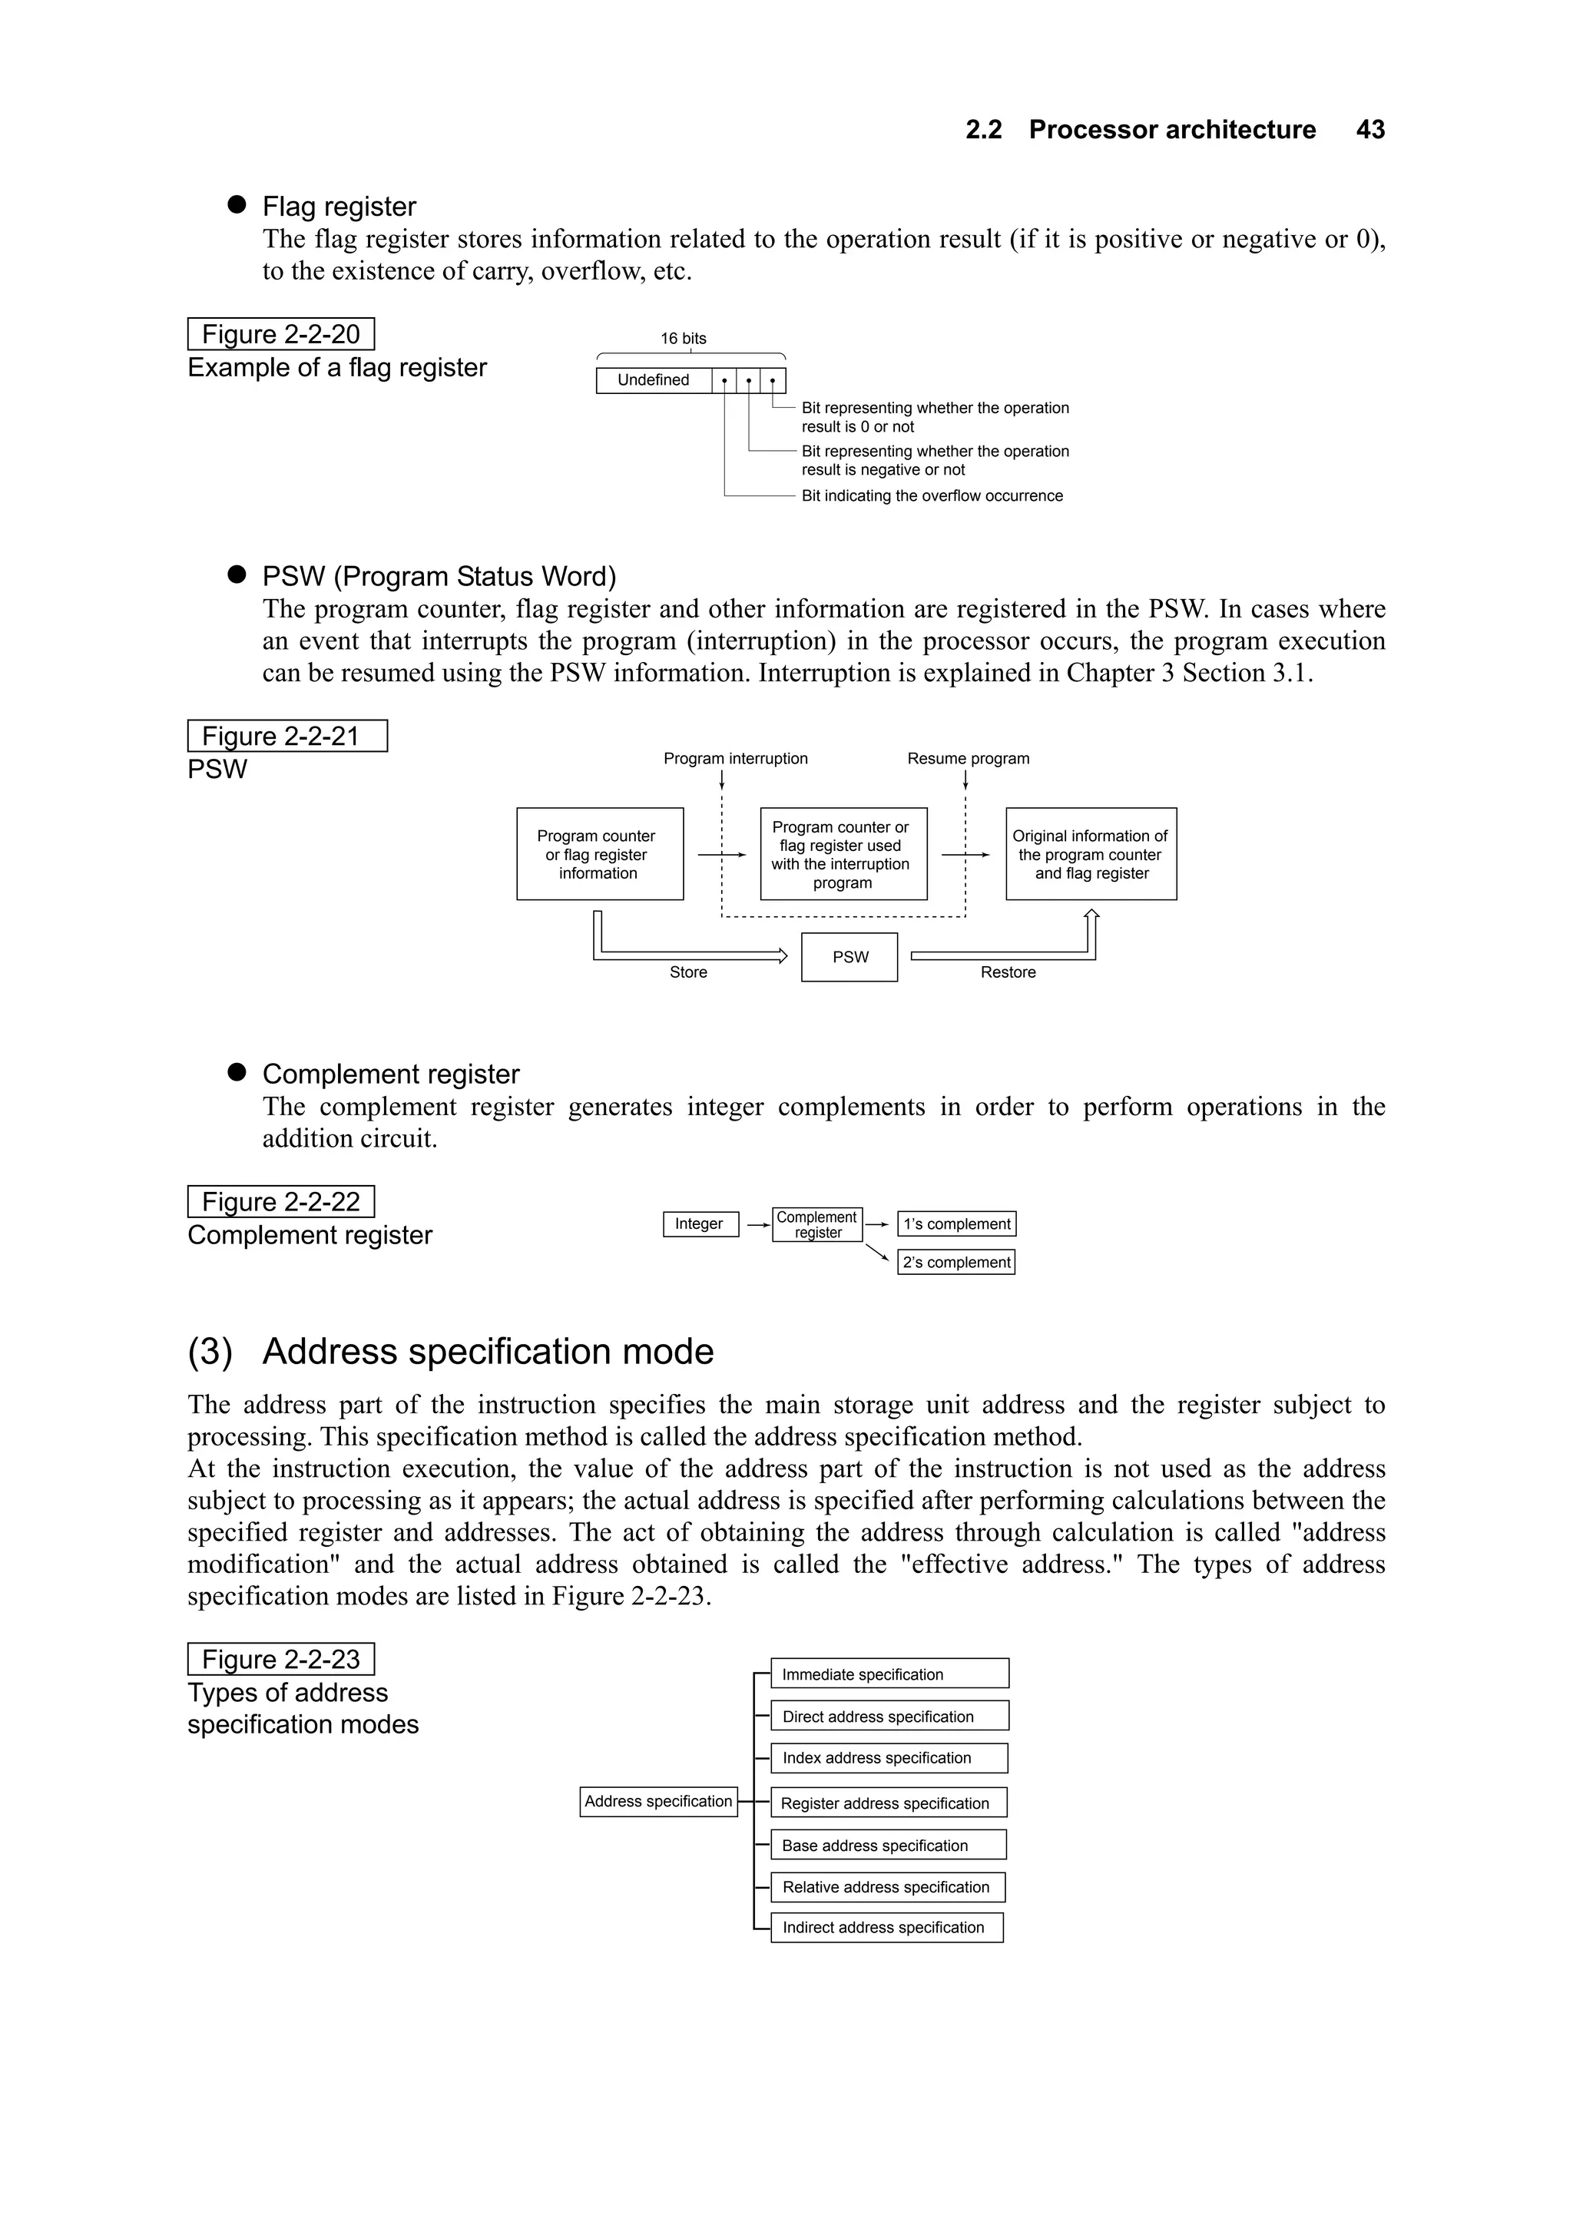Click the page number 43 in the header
pyautogui.click(x=1369, y=130)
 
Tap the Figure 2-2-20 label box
pyautogui.click(x=280, y=334)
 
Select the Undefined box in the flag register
pyautogui.click(x=653, y=380)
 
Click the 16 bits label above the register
pyautogui.click(x=684, y=338)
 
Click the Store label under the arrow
pyautogui.click(x=688, y=972)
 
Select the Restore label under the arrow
pyautogui.click(x=1007, y=972)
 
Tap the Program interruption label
pyautogui.click(x=734, y=759)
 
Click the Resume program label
pyautogui.click(x=967, y=759)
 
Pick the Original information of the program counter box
pyautogui.click(x=1091, y=854)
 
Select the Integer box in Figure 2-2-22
pyautogui.click(x=700, y=1224)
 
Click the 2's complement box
pyautogui.click(x=955, y=1262)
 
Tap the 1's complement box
pyautogui.click(x=956, y=1224)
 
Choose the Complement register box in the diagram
pyautogui.click(x=817, y=1224)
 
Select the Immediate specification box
pyautogui.click(x=889, y=1674)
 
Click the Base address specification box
pyautogui.click(x=888, y=1844)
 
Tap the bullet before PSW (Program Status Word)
pyautogui.click(x=237, y=574)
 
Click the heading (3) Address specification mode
pyautogui.click(x=451, y=1351)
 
